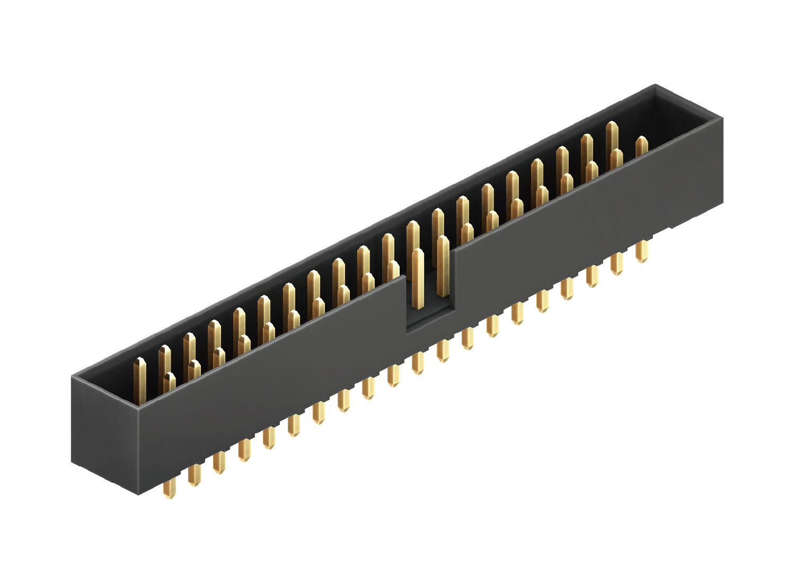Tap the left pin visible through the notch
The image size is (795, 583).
pyautogui.click(x=418, y=278)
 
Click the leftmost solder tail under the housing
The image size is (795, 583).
pyautogui.click(x=169, y=489)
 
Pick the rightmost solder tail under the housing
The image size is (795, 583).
pyautogui.click(x=642, y=251)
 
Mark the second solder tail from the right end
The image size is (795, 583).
pyautogui.click(x=617, y=263)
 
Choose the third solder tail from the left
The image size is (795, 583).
pyautogui.click(x=218, y=462)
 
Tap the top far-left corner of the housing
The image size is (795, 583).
pyautogui.click(x=73, y=376)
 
